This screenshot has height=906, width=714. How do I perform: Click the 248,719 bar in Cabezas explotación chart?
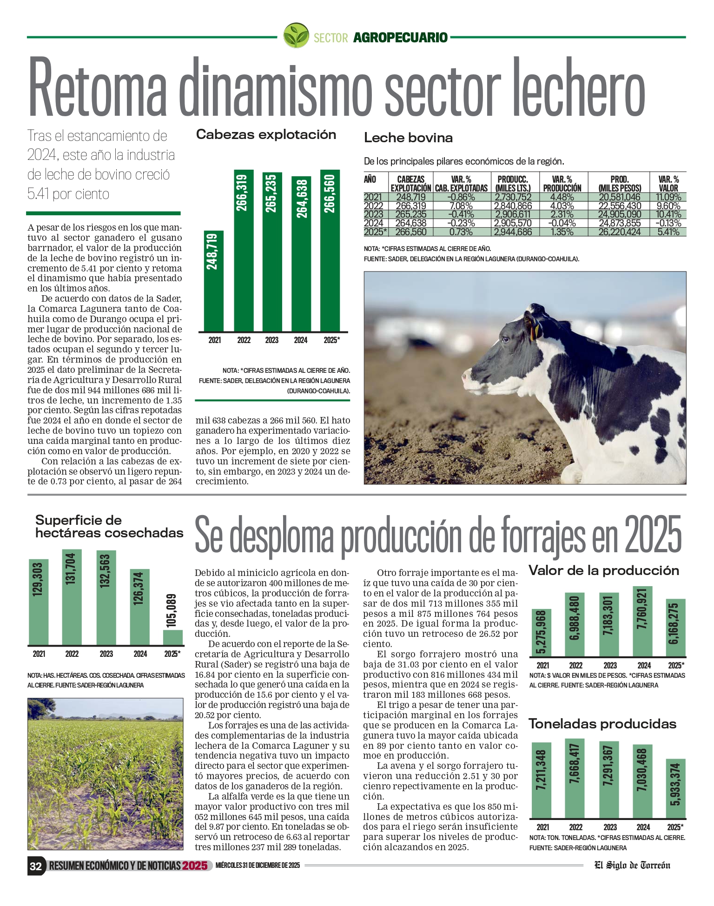pos(213,281)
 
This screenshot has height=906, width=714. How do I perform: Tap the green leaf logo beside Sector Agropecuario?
pos(296,35)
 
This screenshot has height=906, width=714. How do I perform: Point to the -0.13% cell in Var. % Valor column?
pos(668,223)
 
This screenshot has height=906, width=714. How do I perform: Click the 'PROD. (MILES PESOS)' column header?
pos(620,184)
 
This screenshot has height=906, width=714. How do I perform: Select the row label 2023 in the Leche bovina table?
pos(373,214)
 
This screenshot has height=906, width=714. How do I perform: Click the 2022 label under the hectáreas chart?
pos(72,654)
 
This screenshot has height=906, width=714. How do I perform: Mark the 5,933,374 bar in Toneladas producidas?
pos(675,788)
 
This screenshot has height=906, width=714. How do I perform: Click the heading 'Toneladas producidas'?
pos(602,724)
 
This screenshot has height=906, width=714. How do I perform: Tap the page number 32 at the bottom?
pos(36,866)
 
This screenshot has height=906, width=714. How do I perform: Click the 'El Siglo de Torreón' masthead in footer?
pos(632,865)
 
